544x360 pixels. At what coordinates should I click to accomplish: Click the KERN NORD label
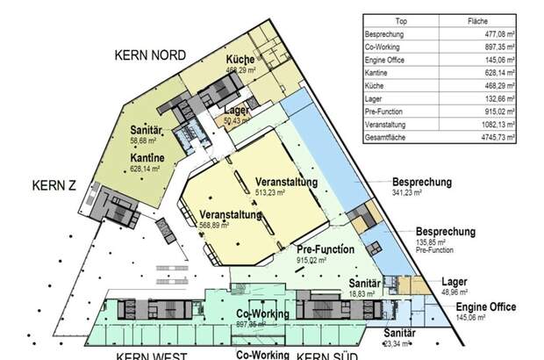click(x=150, y=54)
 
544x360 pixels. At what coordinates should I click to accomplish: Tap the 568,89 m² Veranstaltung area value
click(x=214, y=225)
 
